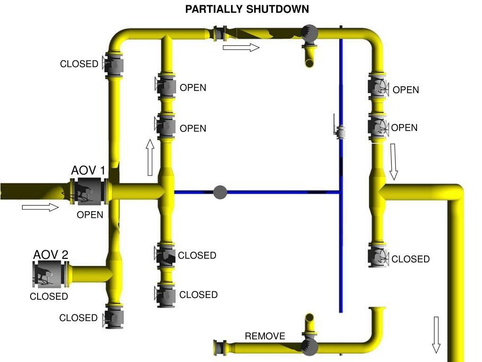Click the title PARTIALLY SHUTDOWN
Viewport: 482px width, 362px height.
(247, 9)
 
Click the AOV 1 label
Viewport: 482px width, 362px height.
(88, 170)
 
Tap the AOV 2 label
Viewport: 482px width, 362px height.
(51, 255)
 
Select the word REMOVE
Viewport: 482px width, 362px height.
(265, 336)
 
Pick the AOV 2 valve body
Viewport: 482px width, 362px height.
(49, 274)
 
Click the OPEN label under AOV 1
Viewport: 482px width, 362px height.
(90, 215)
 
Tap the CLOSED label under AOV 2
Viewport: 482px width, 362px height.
(49, 296)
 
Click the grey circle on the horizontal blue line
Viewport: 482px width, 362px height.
(220, 192)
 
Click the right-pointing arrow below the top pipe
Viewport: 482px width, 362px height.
(241, 48)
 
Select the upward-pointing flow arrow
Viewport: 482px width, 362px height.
(150, 157)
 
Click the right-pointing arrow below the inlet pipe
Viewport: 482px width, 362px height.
(40, 207)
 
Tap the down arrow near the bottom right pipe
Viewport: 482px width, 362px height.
(436, 335)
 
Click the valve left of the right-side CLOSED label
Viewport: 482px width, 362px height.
(378, 257)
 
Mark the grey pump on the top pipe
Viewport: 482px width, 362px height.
(310, 33)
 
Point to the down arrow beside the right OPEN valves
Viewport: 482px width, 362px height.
(394, 162)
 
